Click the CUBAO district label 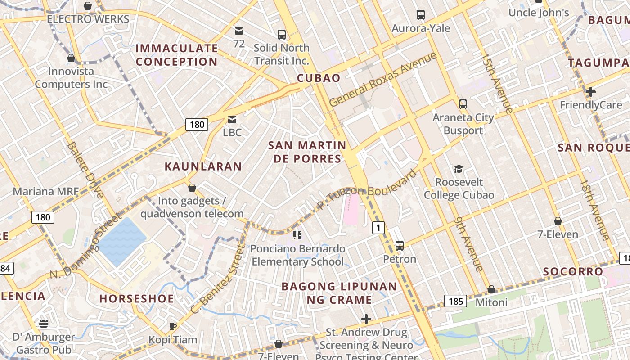tap(319, 78)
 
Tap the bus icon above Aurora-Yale tap(421, 15)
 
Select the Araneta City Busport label tap(463, 124)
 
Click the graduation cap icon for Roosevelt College tap(459, 169)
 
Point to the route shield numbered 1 tap(378, 228)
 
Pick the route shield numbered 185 tap(456, 301)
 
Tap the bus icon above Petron tap(400, 246)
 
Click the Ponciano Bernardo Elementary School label tap(298, 255)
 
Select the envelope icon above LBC tap(232, 120)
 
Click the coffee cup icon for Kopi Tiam tap(172, 326)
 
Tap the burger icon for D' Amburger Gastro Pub tap(44, 324)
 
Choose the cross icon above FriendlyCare tap(591, 92)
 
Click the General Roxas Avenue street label tap(383, 79)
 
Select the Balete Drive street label tap(86, 170)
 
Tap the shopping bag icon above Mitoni tap(491, 289)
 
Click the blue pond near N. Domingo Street tap(121, 241)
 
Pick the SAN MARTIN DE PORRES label tap(307, 152)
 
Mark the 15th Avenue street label tap(497, 83)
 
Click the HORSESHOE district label tap(136, 299)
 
